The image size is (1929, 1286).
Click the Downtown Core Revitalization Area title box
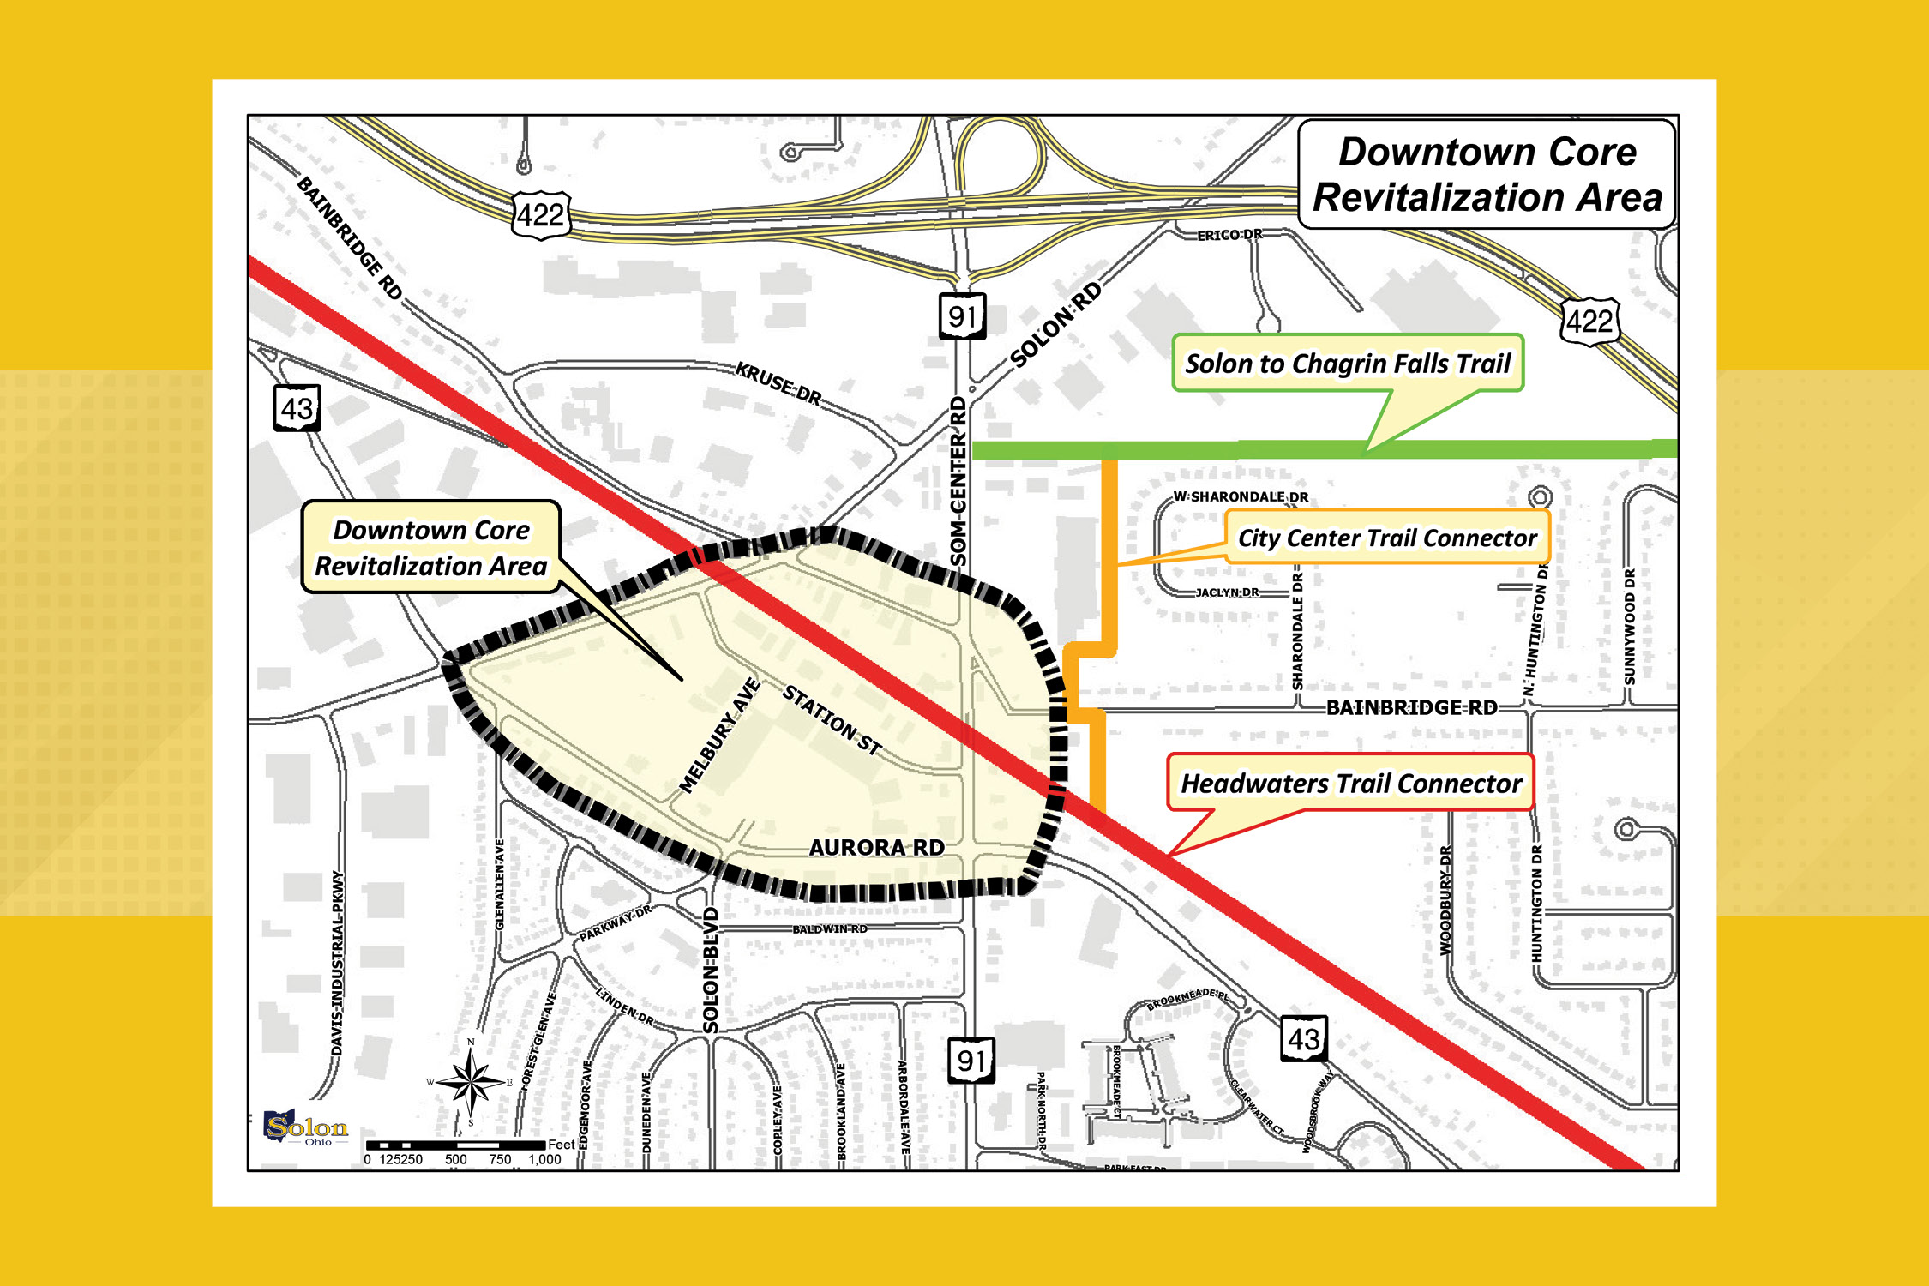click(1487, 174)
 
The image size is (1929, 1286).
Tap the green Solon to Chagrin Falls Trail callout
click(1347, 364)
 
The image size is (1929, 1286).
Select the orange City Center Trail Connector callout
click(1387, 538)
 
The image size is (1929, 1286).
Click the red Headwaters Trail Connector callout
click(1350, 784)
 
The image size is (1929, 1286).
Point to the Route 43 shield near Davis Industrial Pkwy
click(297, 408)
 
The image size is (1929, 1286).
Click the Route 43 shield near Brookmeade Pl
click(1304, 1039)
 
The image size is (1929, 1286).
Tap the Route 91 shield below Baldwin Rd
click(971, 1061)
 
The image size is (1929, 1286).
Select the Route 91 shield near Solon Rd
click(962, 317)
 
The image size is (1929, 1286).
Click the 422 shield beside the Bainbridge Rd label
click(541, 214)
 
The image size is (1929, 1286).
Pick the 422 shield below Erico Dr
click(1589, 321)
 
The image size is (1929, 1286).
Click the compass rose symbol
click(470, 1083)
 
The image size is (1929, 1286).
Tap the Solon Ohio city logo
click(306, 1127)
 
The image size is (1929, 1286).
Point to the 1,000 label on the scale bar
click(544, 1160)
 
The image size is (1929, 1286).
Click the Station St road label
click(832, 720)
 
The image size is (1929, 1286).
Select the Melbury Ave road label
click(719, 736)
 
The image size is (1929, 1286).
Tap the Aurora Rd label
click(876, 848)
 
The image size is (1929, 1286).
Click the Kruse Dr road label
click(778, 382)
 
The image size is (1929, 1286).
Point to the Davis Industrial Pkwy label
click(338, 964)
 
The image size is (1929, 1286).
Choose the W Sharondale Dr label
click(1241, 496)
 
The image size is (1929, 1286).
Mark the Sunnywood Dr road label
click(1629, 627)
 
